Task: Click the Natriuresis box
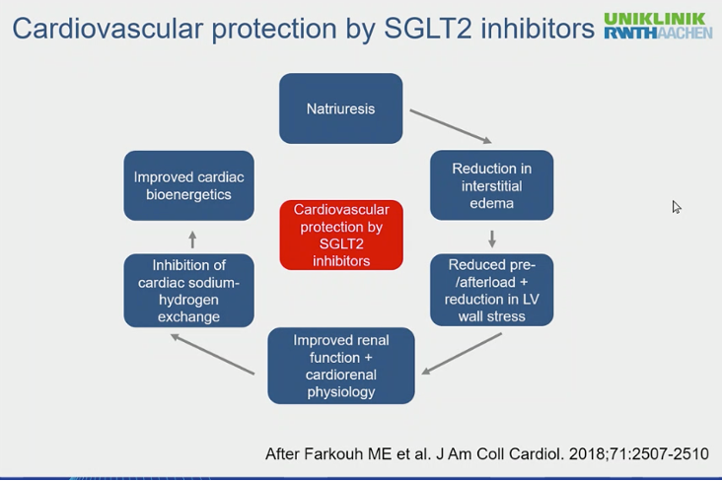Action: pos(340,108)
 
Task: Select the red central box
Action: pos(341,235)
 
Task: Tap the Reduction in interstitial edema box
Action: pos(492,185)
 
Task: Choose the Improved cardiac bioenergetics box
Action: pos(188,185)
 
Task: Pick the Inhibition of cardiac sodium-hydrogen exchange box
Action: pos(188,291)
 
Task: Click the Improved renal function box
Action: pos(341,366)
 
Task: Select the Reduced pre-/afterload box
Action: pos(492,290)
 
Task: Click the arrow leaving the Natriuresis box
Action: pos(451,126)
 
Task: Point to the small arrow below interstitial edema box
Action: pos(492,239)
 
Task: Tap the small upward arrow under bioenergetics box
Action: pos(192,240)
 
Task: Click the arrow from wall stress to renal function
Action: pos(462,354)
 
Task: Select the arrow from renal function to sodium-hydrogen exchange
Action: pos(213,355)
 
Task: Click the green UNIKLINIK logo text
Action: pos(654,19)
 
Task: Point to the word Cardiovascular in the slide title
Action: pos(108,29)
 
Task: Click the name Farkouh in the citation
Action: pos(333,453)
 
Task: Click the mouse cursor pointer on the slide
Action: pos(676,207)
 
